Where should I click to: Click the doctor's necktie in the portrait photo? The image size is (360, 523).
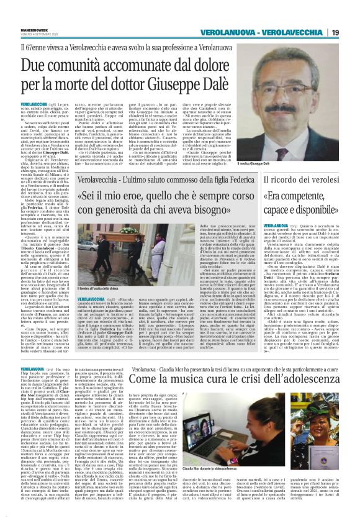tap(302, 155)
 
